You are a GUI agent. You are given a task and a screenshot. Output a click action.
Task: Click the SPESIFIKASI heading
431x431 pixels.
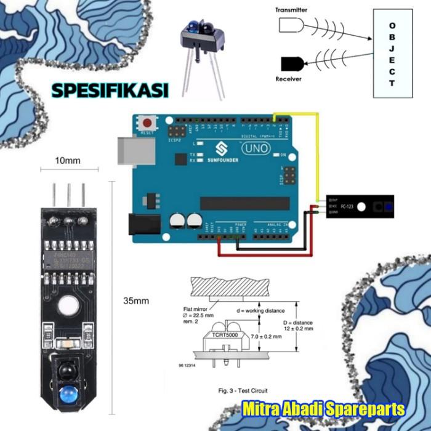coord(110,91)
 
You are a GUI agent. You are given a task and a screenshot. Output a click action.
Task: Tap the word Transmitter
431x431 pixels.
coord(292,10)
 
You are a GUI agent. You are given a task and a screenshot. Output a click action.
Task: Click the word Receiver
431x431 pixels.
coord(288,79)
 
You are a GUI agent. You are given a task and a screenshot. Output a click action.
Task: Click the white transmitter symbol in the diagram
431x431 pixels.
coord(291,25)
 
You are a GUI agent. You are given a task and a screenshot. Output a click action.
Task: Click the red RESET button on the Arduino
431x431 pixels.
coord(147,122)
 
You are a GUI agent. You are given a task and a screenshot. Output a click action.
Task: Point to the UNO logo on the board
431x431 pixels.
coord(254,148)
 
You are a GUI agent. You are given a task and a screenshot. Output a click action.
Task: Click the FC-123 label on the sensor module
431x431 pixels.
coord(348,206)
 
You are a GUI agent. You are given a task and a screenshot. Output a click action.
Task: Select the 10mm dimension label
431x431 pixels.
coord(68,161)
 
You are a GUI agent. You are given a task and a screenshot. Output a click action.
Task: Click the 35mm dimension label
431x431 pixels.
coord(136,301)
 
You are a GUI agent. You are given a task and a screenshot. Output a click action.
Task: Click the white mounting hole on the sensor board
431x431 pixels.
coord(68,304)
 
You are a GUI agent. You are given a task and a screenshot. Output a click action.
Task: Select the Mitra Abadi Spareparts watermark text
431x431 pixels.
coord(323,409)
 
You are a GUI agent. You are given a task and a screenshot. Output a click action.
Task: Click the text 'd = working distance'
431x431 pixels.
coord(260,311)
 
